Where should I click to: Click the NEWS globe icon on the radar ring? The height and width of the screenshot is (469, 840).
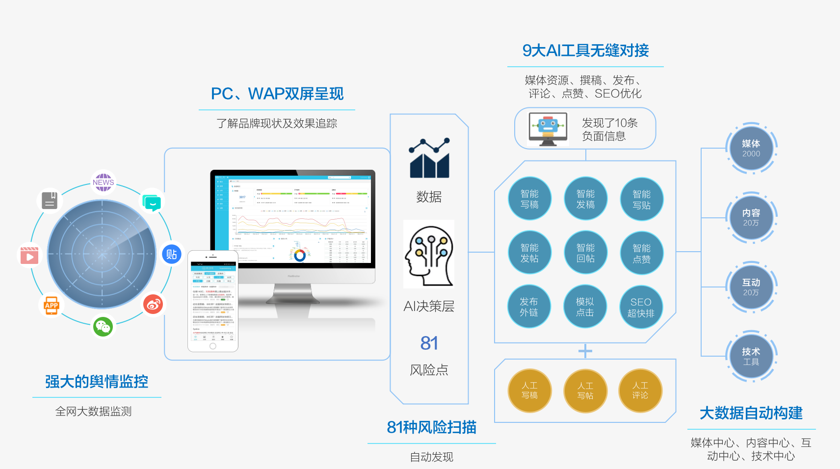pyautogui.click(x=103, y=182)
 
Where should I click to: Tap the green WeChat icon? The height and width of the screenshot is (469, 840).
pyautogui.click(x=103, y=326)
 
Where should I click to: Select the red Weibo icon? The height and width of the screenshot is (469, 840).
pyautogui.click(x=153, y=304)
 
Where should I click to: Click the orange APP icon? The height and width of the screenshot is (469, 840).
pyautogui.click(x=52, y=306)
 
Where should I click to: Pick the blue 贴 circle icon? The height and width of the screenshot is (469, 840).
pyautogui.click(x=171, y=254)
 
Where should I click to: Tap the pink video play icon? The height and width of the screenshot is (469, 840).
pyautogui.click(x=29, y=256)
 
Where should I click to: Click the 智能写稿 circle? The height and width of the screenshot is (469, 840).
pyautogui.click(x=529, y=199)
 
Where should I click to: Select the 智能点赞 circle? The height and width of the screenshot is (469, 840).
pyautogui.click(x=641, y=253)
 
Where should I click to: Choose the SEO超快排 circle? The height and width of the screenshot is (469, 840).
pyautogui.click(x=641, y=308)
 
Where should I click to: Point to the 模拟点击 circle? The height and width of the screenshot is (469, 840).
pyautogui.click(x=585, y=307)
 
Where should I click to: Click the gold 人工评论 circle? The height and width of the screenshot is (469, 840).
pyautogui.click(x=640, y=391)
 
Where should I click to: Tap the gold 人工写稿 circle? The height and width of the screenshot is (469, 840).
pyautogui.click(x=529, y=391)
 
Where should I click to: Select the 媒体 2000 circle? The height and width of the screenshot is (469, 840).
pyautogui.click(x=751, y=148)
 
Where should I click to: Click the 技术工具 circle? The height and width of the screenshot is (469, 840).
pyautogui.click(x=751, y=356)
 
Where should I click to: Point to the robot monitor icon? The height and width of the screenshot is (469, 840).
pyautogui.click(x=548, y=129)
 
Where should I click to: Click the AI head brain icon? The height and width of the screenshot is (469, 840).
pyautogui.click(x=429, y=255)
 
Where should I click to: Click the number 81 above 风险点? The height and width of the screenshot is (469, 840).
pyautogui.click(x=429, y=343)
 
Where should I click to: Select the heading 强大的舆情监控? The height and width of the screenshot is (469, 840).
pyautogui.click(x=97, y=382)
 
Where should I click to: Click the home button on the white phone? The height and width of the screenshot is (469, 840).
pyautogui.click(x=213, y=346)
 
